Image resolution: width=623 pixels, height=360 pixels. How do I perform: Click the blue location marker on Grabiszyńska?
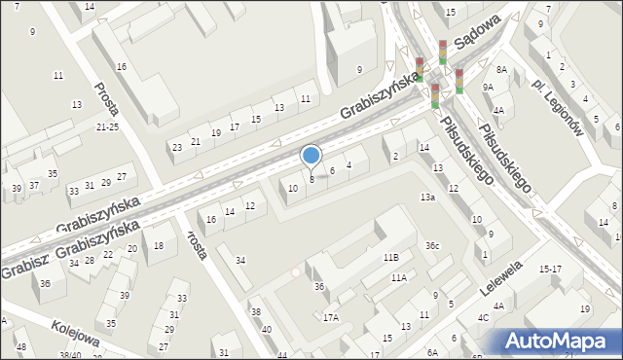(x=311, y=156)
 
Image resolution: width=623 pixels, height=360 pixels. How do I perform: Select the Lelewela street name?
(x=501, y=277)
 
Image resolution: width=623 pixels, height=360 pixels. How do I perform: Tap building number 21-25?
(x=107, y=127)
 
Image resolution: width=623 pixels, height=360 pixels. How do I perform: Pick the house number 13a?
(x=427, y=198)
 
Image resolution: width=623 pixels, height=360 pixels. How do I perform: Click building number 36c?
(x=432, y=245)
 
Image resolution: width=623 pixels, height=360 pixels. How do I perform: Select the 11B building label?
(x=390, y=258)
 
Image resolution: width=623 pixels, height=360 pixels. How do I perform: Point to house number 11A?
(x=398, y=277)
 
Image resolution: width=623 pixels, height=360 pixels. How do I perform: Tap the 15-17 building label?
(x=550, y=269)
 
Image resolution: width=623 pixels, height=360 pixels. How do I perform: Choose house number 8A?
(x=501, y=70)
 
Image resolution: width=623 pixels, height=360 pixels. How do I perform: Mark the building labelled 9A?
(x=488, y=87)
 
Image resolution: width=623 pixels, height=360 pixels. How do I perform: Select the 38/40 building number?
(x=70, y=356)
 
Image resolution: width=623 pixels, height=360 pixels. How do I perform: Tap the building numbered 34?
(x=240, y=260)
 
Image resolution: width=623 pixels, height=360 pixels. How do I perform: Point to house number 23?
(x=176, y=148)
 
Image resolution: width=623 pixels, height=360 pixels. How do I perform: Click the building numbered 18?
(x=159, y=246)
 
